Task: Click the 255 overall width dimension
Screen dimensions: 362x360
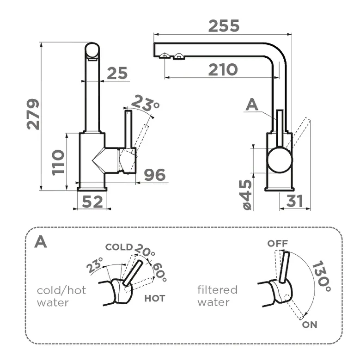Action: click(224, 26)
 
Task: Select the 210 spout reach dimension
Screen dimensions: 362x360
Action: click(222, 70)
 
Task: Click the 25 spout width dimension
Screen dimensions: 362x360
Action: click(117, 73)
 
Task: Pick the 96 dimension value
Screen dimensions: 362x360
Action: click(154, 175)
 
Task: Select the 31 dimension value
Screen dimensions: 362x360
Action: click(294, 201)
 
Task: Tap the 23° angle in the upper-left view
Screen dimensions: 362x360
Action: click(145, 103)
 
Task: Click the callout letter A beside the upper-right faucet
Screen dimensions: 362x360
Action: click(252, 105)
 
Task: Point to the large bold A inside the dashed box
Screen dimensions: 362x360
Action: click(41, 242)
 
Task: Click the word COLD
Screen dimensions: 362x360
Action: click(119, 247)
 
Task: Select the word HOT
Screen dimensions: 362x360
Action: click(154, 298)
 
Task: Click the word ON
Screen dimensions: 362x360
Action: click(310, 325)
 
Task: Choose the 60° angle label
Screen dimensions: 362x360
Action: click(159, 273)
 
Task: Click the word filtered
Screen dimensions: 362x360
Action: click(217, 290)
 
